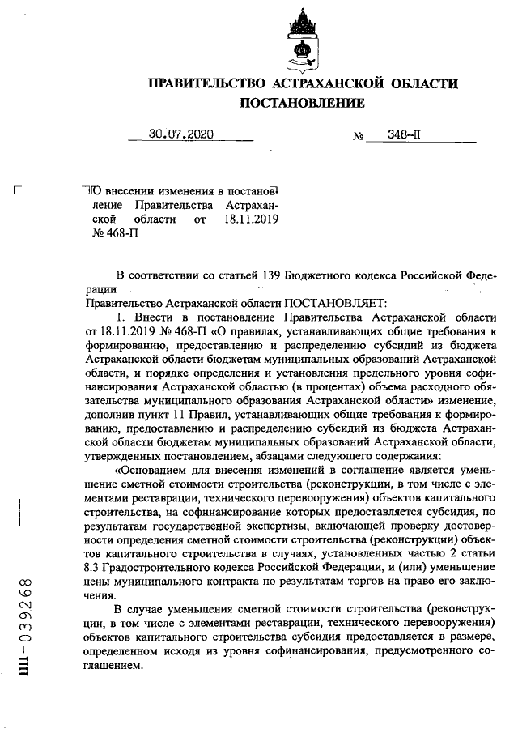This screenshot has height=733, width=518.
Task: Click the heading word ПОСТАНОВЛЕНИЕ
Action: (x=302, y=103)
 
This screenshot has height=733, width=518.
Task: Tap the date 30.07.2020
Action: (x=181, y=135)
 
